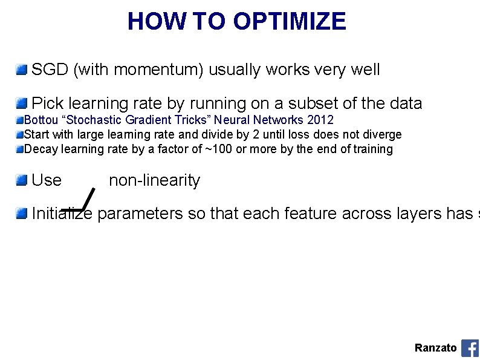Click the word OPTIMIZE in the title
click(290, 21)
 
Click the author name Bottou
click(41, 120)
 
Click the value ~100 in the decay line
click(219, 149)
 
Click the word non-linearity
click(154, 180)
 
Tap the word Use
click(47, 180)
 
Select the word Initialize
click(62, 214)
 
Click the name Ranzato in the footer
click(435, 348)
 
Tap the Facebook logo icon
click(470, 348)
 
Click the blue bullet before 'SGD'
click(22, 70)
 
